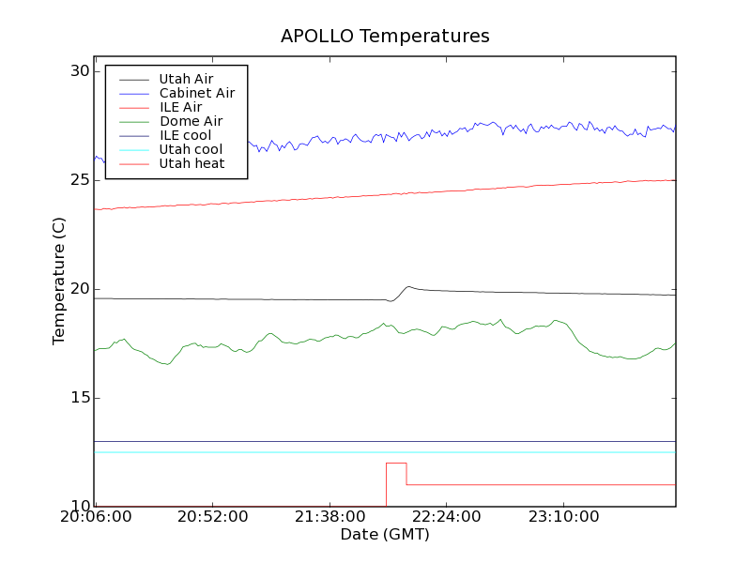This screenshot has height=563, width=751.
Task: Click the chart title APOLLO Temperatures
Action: (385, 37)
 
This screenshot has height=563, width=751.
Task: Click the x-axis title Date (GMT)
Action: (385, 535)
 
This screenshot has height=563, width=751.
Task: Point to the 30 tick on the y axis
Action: (80, 71)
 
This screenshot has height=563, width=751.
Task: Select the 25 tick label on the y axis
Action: (80, 180)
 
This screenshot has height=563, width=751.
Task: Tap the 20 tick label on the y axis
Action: (80, 289)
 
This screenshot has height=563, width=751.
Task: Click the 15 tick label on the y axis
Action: (80, 398)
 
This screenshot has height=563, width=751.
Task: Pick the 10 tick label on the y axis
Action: (80, 507)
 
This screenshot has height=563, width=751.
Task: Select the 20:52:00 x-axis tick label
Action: (212, 518)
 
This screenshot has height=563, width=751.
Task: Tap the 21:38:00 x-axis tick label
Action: (329, 518)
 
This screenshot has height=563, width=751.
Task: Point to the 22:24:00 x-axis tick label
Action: (445, 518)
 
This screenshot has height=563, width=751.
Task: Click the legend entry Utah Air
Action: (186, 79)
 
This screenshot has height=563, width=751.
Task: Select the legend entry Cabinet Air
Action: (196, 93)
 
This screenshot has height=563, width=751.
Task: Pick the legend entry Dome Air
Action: (191, 121)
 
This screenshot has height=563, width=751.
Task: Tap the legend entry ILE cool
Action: (185, 135)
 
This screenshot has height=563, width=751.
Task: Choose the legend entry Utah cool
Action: (191, 149)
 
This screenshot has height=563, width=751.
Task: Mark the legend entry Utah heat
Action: (191, 163)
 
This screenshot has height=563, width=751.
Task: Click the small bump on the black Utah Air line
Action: (408, 287)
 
